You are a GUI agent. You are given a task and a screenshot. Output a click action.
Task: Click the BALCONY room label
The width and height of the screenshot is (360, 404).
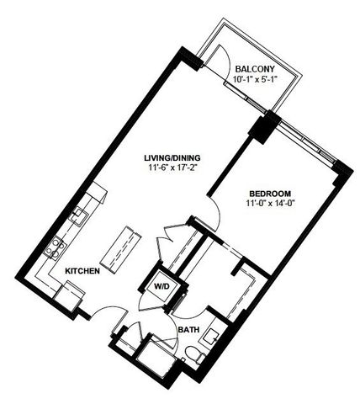click(x=253, y=68)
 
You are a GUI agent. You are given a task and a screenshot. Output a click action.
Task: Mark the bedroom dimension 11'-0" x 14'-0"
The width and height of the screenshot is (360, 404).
click(x=271, y=202)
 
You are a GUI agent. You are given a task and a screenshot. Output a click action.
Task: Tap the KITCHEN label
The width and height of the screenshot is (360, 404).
click(x=83, y=272)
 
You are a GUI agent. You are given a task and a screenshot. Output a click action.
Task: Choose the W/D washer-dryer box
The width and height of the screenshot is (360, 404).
click(x=161, y=288)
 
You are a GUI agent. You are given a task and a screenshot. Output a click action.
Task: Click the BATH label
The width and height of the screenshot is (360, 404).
click(x=188, y=330)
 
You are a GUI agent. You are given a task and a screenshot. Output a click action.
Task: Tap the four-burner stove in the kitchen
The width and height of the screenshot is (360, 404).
click(x=58, y=246)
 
